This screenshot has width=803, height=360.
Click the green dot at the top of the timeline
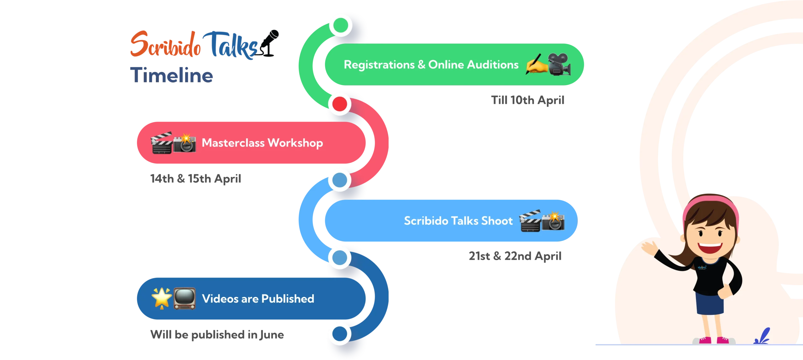[341, 25]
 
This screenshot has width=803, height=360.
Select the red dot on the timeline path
[340, 104]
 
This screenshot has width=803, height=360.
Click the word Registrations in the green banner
[379, 65]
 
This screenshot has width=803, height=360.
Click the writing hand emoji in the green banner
[536, 64]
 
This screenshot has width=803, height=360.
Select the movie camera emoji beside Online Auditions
[559, 64]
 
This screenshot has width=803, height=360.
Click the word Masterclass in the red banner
[233, 143]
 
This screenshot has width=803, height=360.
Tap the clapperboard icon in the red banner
[162, 143]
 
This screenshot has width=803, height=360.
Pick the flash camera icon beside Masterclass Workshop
[185, 143]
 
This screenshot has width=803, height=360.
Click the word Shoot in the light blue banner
[497, 221]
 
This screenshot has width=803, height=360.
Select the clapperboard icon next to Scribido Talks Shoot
[530, 221]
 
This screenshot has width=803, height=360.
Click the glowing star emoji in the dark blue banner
[162, 298]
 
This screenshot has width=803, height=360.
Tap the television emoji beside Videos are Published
[184, 298]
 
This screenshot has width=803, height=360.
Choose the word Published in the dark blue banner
[288, 299]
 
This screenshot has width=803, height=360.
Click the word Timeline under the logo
[172, 75]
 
